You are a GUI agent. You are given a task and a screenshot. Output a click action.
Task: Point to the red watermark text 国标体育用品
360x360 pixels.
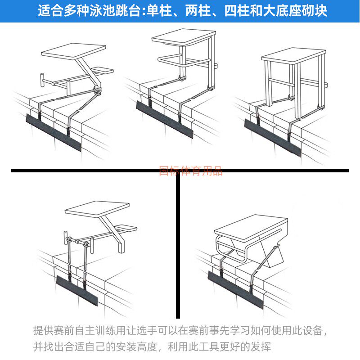[191, 171]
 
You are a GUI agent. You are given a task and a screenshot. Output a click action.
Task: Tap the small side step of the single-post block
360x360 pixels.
[102, 70]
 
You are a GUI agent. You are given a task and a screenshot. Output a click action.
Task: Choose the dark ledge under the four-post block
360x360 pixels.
[272, 137]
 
